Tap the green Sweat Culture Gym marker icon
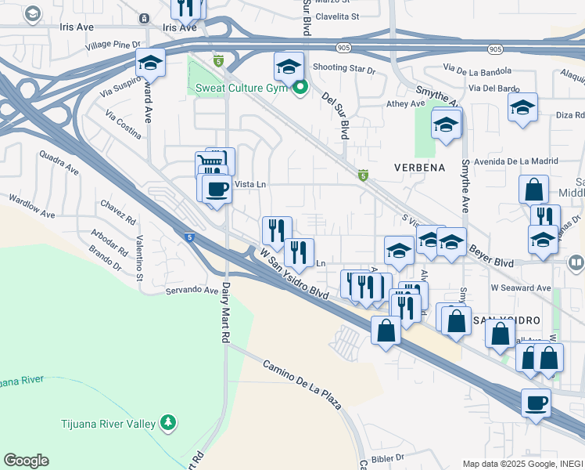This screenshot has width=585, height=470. pyautogui.click(x=298, y=88)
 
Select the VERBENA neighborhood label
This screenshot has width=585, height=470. pyautogui.click(x=419, y=168)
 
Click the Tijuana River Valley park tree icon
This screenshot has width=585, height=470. pyautogui.click(x=167, y=423)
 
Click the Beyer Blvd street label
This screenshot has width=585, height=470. pyautogui.click(x=491, y=257)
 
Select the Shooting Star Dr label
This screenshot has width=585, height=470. pyautogui.click(x=344, y=68)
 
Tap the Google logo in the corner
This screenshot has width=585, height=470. pyautogui.click(x=26, y=461)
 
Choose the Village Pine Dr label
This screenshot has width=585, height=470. pyautogui.click(x=113, y=45)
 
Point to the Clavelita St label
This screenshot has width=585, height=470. pyautogui.click(x=337, y=16)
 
